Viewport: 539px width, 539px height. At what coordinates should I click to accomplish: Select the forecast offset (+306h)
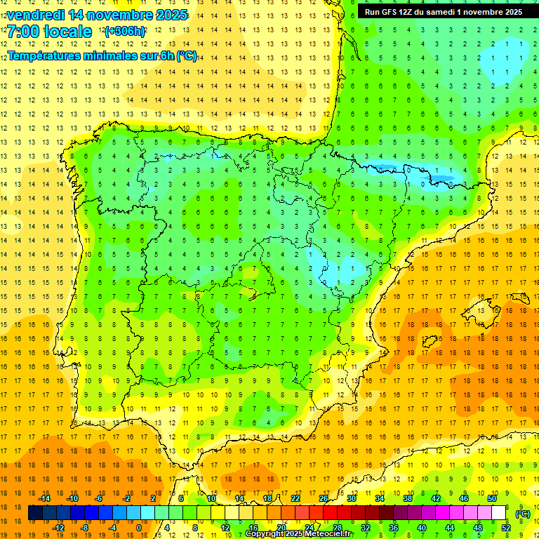[125, 32]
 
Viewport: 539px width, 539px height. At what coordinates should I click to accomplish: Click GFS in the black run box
[388, 12]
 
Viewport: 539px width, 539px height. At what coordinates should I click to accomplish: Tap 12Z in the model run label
[406, 12]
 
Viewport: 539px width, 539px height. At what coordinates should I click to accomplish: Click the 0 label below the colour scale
[139, 528]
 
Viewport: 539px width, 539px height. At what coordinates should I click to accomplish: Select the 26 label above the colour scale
[324, 498]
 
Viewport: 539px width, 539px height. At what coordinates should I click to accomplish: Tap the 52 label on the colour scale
[506, 528]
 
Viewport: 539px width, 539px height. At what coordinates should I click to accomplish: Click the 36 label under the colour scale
[394, 528]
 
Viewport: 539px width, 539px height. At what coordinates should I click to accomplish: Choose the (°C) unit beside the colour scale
[523, 514]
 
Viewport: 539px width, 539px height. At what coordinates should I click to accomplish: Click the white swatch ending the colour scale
[499, 513]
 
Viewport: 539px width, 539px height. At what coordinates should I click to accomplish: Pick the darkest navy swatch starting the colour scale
[35, 513]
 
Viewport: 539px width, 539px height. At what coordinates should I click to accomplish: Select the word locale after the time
[68, 32]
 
